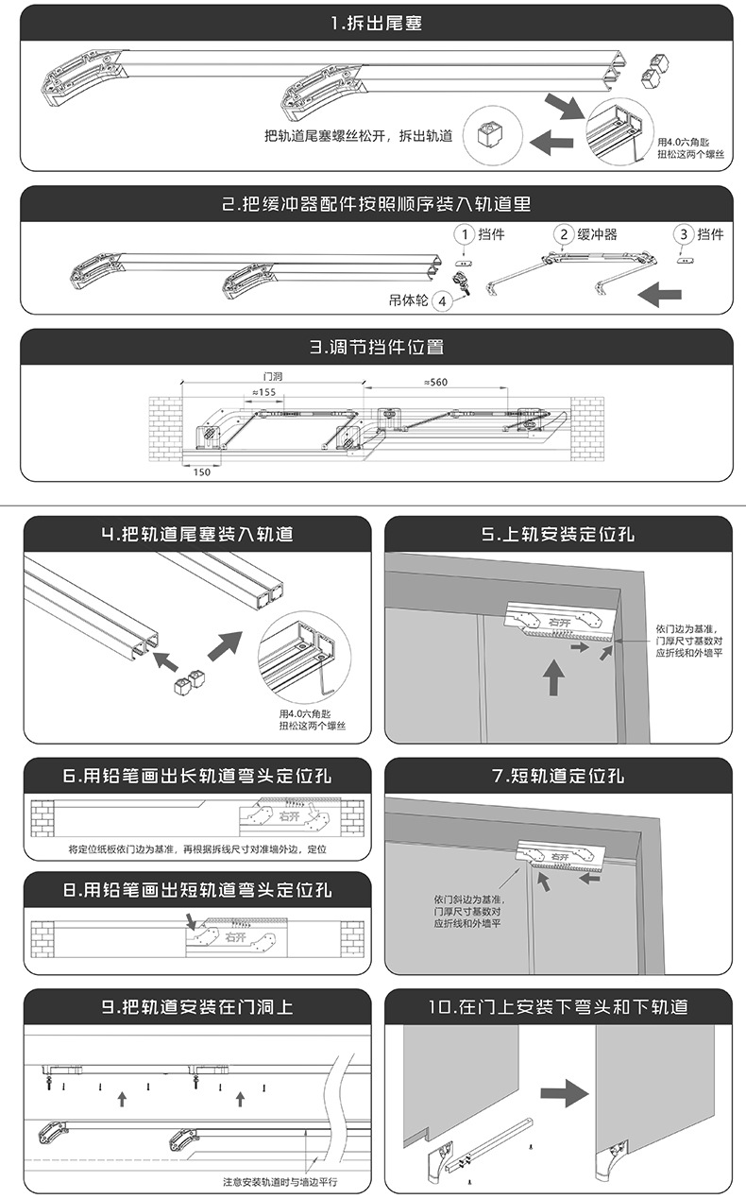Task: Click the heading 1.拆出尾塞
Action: tap(377, 24)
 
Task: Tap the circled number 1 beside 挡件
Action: tap(463, 233)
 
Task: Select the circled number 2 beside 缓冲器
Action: tap(563, 233)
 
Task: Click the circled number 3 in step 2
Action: tap(683, 233)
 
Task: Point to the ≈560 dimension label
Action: tap(435, 382)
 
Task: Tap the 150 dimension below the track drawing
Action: tap(201, 471)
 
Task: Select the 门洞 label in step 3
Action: tap(272, 376)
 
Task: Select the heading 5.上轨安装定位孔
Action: tap(558, 534)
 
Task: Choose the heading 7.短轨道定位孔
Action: tap(558, 777)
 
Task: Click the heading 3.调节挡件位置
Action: tap(377, 347)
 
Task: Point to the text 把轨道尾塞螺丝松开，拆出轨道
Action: tap(359, 136)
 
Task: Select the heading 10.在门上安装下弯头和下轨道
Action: tap(558, 1007)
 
